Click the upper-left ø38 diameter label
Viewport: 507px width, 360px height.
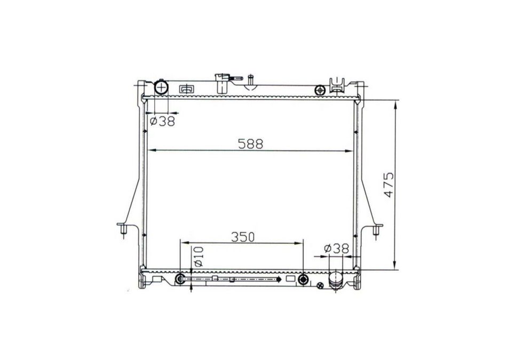tap(162, 121)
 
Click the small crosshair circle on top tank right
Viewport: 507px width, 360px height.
tap(320, 90)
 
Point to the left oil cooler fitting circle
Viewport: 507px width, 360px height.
tap(181, 279)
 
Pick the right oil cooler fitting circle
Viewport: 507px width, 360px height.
tap(303, 279)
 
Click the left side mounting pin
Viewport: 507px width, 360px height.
tap(122, 230)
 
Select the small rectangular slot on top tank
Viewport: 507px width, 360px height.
tap(186, 89)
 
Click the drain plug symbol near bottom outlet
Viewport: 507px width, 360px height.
tap(320, 286)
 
